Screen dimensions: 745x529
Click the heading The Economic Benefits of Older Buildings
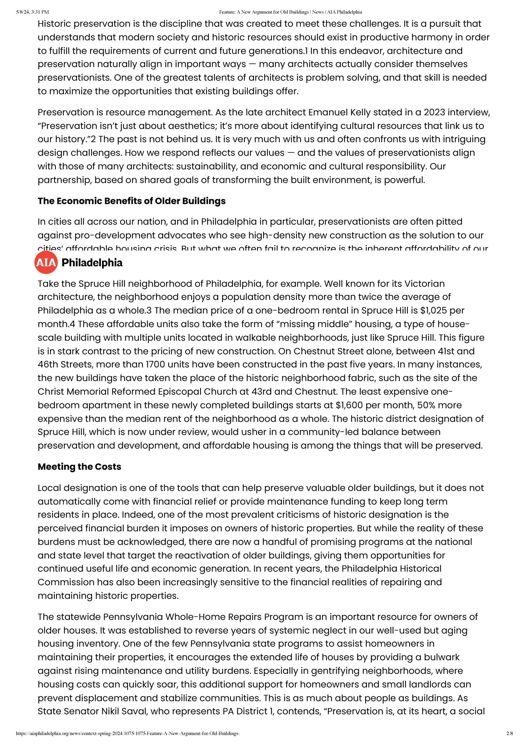132,201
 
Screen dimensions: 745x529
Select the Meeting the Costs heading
79,467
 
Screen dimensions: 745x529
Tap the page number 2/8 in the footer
510,733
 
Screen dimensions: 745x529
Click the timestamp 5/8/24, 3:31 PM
32,12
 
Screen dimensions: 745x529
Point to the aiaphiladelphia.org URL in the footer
128,733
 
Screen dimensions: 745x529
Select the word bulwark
441,657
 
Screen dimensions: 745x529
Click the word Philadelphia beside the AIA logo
92,263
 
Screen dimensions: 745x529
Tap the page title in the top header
290,12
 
